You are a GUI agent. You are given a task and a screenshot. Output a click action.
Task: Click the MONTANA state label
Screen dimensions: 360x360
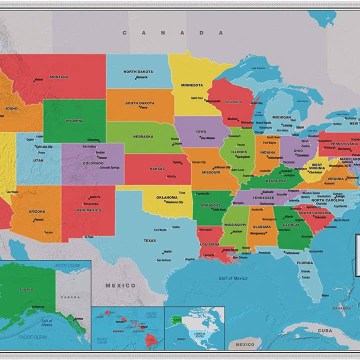coord(59,77)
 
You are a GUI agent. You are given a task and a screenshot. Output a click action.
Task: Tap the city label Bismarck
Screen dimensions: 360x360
coord(142,77)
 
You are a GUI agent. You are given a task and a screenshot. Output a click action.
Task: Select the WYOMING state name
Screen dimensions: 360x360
coord(74,120)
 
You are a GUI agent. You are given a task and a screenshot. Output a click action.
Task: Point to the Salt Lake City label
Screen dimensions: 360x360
coord(44,146)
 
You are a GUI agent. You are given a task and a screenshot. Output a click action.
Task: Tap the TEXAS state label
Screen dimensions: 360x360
coord(150,240)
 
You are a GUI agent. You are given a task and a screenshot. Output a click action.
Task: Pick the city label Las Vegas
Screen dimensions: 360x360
coord(12,192)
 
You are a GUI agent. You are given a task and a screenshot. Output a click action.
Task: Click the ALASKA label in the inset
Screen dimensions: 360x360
coord(26,289)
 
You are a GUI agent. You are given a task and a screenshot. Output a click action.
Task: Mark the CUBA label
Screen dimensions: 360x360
coord(325,330)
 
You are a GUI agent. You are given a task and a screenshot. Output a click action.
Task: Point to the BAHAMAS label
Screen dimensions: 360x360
coord(342,308)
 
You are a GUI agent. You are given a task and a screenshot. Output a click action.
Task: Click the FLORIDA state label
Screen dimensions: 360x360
coord(305,262)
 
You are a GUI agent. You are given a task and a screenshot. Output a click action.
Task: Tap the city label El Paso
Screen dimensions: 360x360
coord(89,236)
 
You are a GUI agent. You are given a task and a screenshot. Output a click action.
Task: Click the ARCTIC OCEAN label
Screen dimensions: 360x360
coord(67,265)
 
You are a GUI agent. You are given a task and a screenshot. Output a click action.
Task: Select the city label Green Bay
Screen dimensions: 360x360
coord(256,103)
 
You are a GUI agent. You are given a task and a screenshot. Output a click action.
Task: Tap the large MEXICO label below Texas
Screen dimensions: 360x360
coord(120,285)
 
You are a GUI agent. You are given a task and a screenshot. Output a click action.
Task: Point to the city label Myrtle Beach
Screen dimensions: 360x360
coord(341,220)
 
